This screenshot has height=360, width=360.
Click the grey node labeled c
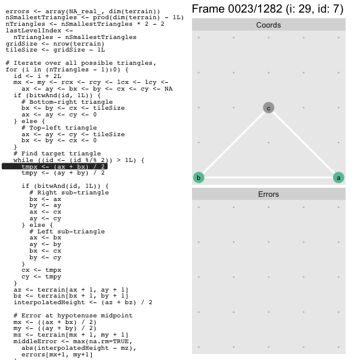(x=268, y=107)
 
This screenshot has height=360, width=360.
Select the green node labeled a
(x=338, y=178)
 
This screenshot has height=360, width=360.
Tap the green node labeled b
(x=199, y=178)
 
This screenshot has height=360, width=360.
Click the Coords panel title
(x=268, y=25)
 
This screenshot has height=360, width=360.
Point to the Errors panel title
(x=268, y=194)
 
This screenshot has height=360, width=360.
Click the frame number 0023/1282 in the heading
(x=255, y=9)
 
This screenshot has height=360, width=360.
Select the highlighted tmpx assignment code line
(x=63, y=166)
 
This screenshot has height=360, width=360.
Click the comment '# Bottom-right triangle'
(x=67, y=102)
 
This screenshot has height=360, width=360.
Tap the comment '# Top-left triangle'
(x=59, y=128)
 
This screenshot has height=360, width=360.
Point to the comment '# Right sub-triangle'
(x=69, y=193)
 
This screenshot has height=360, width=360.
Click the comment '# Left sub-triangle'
(x=67, y=232)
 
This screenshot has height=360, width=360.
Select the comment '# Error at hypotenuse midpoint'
(x=73, y=316)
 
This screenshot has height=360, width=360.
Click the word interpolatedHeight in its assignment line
(x=49, y=302)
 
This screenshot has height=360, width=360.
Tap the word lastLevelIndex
(x=34, y=31)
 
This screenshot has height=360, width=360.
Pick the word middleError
(x=35, y=341)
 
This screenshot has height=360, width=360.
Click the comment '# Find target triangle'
(x=57, y=154)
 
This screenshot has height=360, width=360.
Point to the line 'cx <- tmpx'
(x=41, y=270)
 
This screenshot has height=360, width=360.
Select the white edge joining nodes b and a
(x=268, y=178)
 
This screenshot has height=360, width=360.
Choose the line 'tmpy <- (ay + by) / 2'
(x=63, y=173)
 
